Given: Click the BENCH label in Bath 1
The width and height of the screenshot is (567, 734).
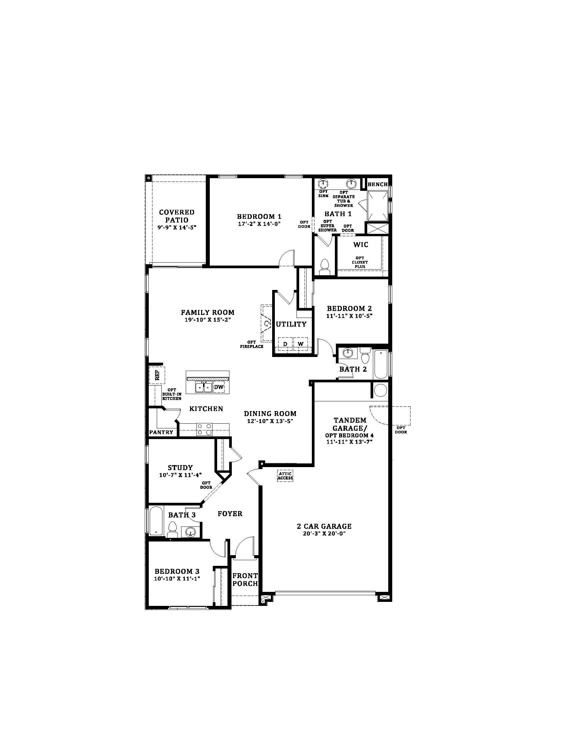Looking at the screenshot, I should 378,184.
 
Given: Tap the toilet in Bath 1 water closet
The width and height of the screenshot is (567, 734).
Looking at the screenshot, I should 325,267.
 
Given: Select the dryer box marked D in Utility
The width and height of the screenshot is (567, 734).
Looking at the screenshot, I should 285,344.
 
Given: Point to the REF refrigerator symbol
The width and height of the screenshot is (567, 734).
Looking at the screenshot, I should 157,375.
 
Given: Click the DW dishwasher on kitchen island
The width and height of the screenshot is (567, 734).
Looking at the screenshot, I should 219,387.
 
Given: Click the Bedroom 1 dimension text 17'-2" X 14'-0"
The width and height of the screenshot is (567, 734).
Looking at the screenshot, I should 259,224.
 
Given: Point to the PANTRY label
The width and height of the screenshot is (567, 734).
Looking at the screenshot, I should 161,432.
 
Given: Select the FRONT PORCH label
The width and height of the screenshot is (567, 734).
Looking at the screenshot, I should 245,580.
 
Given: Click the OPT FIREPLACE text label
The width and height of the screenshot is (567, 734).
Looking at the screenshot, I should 251,344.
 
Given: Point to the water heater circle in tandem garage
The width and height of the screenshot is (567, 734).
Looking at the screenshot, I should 381,390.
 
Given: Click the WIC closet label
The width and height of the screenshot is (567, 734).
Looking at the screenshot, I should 361,245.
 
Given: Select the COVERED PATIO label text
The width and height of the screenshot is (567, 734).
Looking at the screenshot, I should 177,216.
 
